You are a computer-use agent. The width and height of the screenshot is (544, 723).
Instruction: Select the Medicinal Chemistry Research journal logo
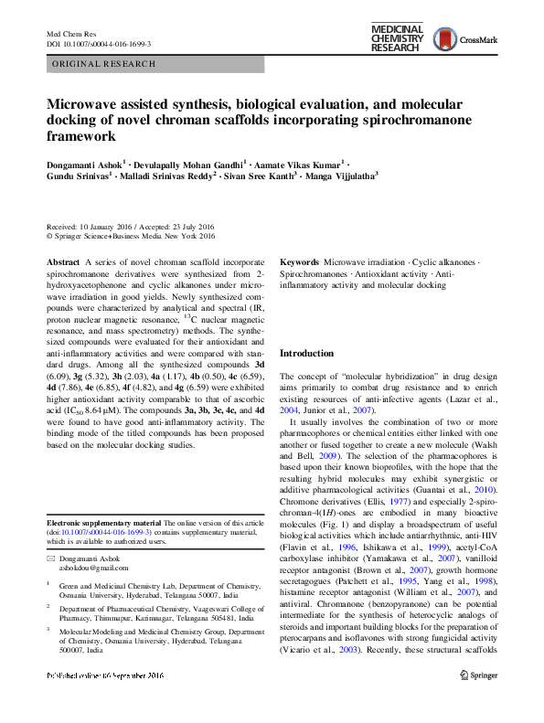397,39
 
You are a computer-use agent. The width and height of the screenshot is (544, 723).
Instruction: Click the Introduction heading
306,353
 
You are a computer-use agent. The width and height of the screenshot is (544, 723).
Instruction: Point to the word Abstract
63,261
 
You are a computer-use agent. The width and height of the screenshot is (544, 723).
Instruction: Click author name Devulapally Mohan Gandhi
186,162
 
